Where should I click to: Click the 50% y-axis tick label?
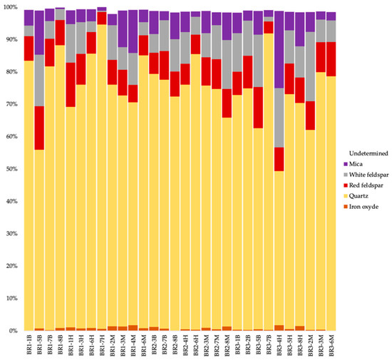pos(12,170)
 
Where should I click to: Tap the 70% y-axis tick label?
pos(12,105)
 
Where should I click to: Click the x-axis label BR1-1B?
pos(29,345)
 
